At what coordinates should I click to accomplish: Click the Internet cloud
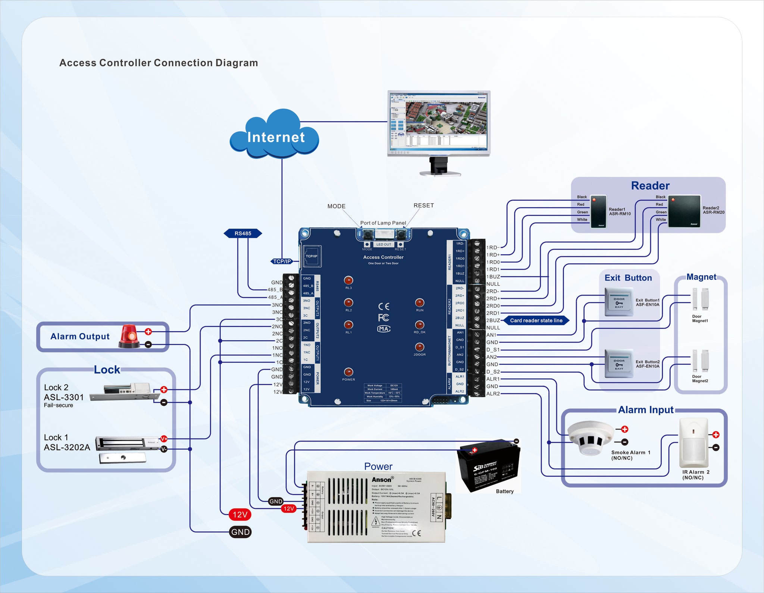click(275, 135)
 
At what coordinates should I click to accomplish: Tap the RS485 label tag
click(243, 233)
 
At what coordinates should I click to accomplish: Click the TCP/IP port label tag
click(282, 261)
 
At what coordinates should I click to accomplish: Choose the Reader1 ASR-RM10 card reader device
click(599, 211)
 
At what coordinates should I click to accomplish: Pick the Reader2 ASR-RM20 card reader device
click(684, 211)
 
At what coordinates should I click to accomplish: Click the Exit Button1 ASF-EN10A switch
click(619, 302)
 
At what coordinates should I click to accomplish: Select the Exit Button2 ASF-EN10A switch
click(619, 364)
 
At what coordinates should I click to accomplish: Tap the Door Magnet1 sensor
click(700, 299)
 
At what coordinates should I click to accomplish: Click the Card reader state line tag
click(536, 320)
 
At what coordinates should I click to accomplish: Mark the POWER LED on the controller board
click(348, 372)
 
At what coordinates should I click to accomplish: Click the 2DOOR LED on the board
click(419, 347)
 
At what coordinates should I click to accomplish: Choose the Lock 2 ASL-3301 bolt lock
click(121, 392)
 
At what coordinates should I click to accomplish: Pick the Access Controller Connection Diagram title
click(159, 63)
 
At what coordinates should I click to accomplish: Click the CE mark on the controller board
click(384, 307)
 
